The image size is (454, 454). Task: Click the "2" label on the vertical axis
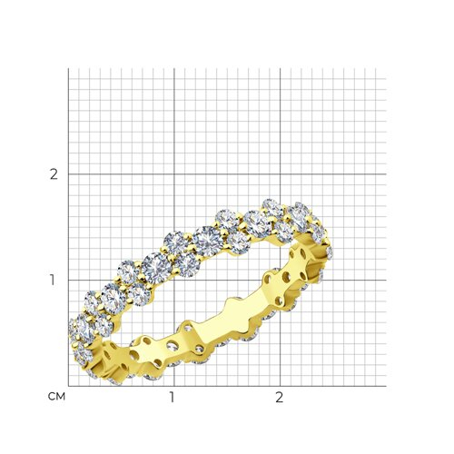point(54,174)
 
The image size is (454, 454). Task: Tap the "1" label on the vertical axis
point(53,281)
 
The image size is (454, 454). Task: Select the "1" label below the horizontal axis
point(172,398)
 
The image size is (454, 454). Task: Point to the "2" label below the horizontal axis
point(279,398)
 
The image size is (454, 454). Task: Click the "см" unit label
point(56,397)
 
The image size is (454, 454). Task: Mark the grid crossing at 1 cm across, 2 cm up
point(174,174)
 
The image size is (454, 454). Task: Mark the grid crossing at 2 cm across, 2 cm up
point(281,174)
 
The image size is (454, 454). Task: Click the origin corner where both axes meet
point(68,386)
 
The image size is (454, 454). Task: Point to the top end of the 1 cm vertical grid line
point(174,68)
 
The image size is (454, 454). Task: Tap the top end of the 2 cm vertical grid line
point(281,68)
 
